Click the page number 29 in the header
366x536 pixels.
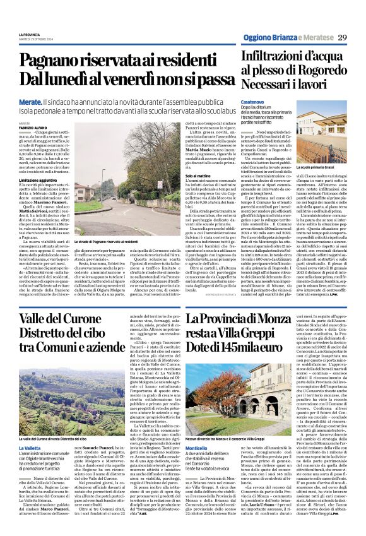(x=341, y=39)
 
